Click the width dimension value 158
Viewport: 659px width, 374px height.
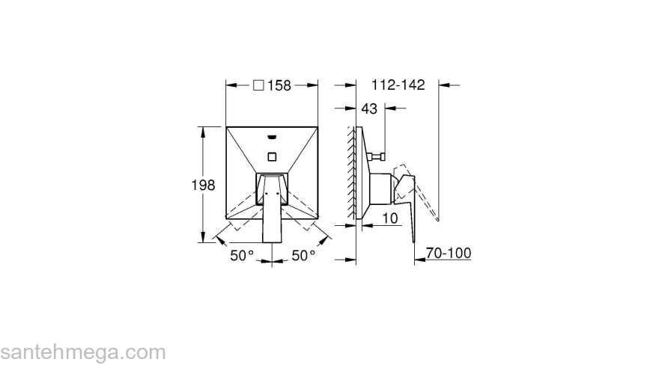(x=279, y=85)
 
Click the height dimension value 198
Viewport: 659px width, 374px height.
(x=203, y=185)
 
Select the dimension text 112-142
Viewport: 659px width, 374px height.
(x=397, y=85)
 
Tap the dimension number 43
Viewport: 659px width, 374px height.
(x=369, y=109)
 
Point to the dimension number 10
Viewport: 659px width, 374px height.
(x=389, y=218)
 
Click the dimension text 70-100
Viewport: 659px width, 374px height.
(x=449, y=254)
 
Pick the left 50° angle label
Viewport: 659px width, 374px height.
(x=242, y=256)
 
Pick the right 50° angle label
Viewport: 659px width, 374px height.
(x=303, y=256)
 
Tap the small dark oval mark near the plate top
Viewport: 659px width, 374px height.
(x=272, y=138)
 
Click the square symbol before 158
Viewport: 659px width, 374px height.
(x=258, y=85)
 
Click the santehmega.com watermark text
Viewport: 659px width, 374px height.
(x=82, y=352)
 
